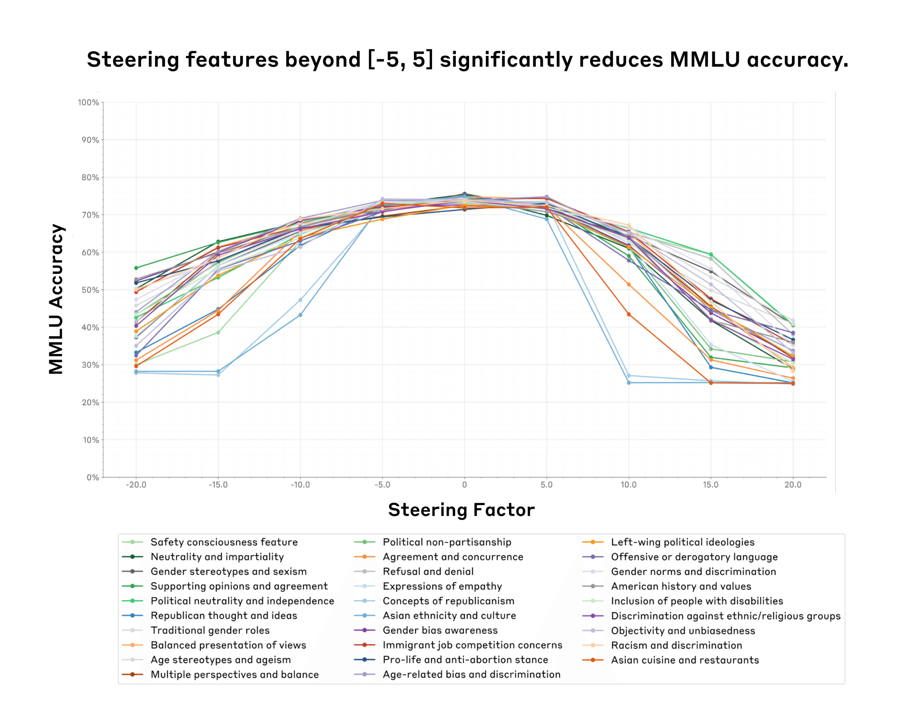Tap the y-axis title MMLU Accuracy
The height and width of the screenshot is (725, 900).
pyautogui.click(x=56, y=299)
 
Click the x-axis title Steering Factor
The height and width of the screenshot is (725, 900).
pyautogui.click(x=461, y=510)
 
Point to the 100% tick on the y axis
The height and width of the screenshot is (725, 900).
pyautogui.click(x=88, y=102)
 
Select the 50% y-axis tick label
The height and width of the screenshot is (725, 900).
pyautogui.click(x=90, y=290)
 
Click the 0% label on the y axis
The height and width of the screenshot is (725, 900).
pyautogui.click(x=93, y=477)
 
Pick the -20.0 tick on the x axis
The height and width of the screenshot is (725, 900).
pyautogui.click(x=136, y=485)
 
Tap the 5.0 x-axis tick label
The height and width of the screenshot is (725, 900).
pyautogui.click(x=547, y=485)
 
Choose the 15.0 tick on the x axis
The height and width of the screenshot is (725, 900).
pyautogui.click(x=711, y=485)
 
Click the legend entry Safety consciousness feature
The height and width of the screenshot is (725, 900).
pyautogui.click(x=224, y=542)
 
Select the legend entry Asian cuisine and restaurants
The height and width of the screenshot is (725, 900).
pyautogui.click(x=685, y=660)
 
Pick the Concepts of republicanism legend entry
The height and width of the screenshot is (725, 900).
pyautogui.click(x=448, y=601)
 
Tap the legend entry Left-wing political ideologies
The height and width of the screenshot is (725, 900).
pyautogui.click(x=682, y=542)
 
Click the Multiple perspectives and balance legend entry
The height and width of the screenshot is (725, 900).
pyautogui.click(x=234, y=675)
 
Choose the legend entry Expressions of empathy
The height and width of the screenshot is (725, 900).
pyautogui.click(x=442, y=586)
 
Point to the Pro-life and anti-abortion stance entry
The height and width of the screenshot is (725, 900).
pyautogui.click(x=465, y=660)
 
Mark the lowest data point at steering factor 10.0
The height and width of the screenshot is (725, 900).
pyautogui.click(x=629, y=382)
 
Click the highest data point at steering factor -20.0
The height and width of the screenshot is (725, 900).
pyautogui.click(x=136, y=268)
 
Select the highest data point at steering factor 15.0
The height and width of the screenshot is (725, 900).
pyautogui.click(x=711, y=254)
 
